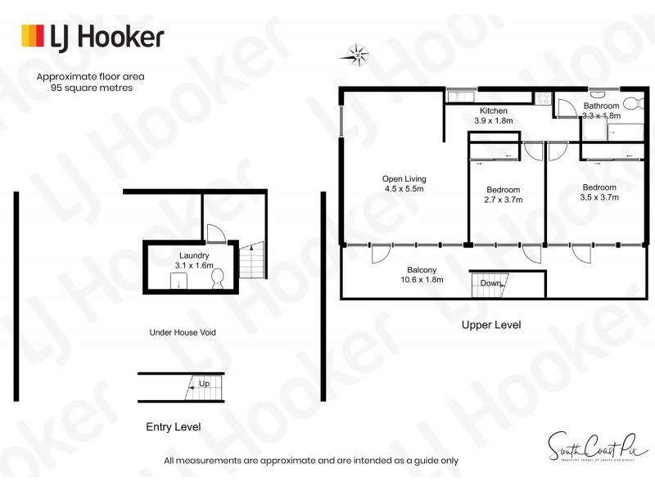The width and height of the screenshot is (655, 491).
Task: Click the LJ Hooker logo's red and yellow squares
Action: point(32,37)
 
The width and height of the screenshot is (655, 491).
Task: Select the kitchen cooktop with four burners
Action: point(543,99)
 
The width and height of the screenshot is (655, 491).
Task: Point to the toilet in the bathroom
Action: point(630,104)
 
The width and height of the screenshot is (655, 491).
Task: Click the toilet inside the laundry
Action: point(218,281)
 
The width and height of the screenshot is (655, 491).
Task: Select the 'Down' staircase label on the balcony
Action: point(490,283)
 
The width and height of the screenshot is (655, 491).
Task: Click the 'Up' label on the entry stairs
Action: point(204,383)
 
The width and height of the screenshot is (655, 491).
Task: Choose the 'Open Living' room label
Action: point(404,178)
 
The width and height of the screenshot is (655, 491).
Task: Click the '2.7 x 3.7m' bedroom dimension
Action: point(504,199)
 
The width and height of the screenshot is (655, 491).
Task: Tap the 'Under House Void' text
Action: point(182,332)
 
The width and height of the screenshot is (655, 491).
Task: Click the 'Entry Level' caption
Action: point(173,426)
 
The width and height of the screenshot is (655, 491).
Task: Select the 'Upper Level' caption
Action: point(491,325)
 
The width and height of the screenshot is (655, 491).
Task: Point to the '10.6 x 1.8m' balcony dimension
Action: point(422,280)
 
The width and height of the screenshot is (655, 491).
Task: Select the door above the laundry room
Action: point(215,234)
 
